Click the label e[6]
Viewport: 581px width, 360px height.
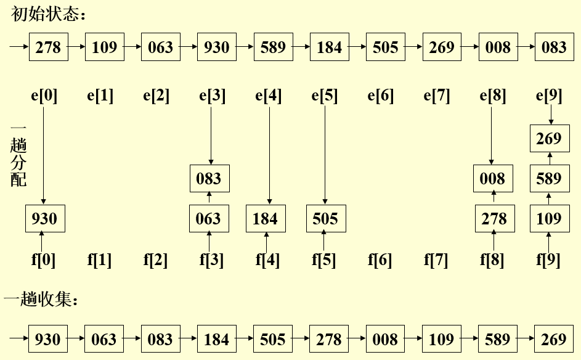(380, 96)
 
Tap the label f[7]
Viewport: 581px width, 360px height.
(436, 260)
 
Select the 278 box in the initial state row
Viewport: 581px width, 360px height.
(48, 47)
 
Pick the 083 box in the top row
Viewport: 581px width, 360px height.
(554, 47)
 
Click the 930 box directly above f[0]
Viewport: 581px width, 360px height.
(44, 219)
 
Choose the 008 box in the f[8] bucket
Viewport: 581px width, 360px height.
(493, 179)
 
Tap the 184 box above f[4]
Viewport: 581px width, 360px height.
(266, 219)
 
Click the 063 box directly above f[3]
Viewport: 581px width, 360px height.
(209, 219)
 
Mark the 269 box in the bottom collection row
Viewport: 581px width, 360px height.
(554, 339)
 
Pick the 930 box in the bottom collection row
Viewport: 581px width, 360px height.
(48, 339)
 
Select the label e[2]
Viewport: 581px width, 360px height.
(155, 96)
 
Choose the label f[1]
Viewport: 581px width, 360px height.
(99, 260)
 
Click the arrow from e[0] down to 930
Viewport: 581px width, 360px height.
(43, 154)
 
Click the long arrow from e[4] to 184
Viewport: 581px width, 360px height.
(269, 154)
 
